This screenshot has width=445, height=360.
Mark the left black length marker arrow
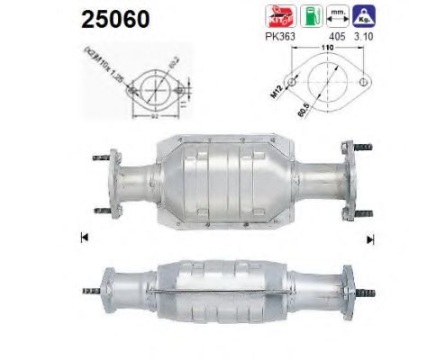click(84, 238)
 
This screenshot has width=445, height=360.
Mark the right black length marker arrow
click(369, 238)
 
